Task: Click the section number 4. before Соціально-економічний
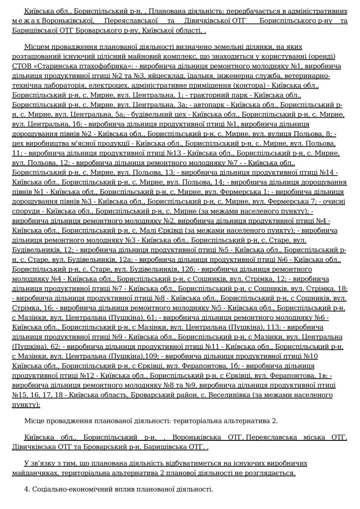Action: tap(26, 489)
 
